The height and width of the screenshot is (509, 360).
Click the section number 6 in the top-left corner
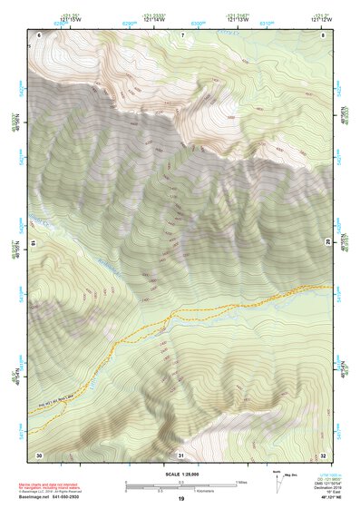(40, 34)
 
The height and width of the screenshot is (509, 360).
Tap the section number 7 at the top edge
(182, 34)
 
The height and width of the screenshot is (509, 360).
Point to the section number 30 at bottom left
(39, 454)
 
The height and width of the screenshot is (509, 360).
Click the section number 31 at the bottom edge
(181, 454)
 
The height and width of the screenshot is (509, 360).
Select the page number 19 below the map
(181, 499)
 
